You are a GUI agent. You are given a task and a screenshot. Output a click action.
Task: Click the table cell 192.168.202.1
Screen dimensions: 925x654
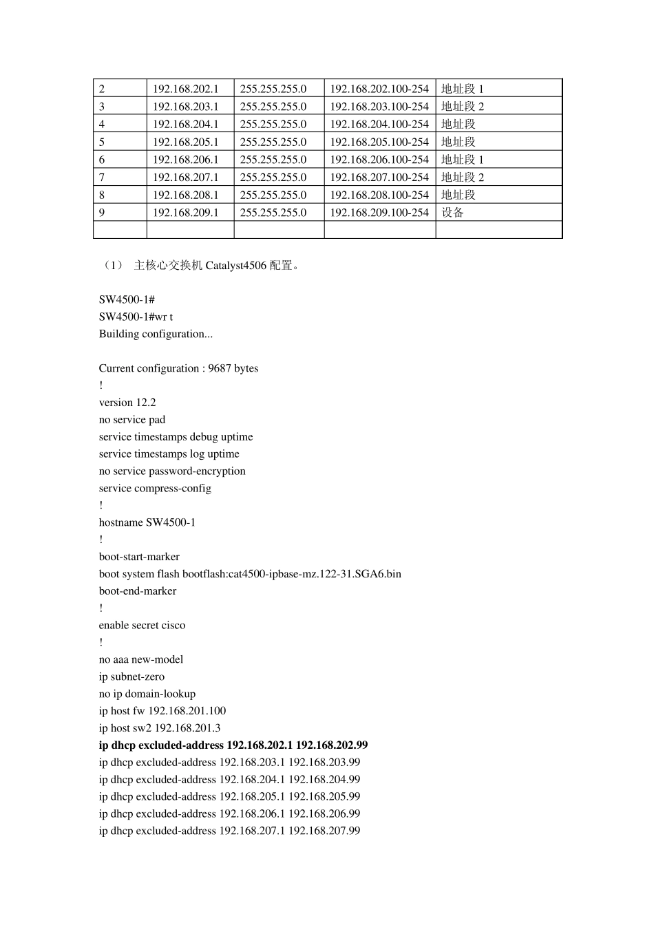click(185, 89)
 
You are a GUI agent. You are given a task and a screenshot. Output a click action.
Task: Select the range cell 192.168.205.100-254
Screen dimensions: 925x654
click(379, 142)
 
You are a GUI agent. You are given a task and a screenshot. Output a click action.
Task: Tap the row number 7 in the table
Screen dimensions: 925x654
click(102, 178)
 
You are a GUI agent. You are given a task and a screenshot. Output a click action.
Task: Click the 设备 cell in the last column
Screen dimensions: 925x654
click(453, 213)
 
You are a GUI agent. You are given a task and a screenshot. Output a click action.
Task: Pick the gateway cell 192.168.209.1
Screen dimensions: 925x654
click(185, 213)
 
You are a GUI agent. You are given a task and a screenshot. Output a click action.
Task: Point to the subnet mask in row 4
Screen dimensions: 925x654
click(273, 125)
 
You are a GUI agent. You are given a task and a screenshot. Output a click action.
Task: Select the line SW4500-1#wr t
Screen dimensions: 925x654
click(136, 317)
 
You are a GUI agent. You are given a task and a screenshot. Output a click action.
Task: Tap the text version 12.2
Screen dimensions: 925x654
click(127, 403)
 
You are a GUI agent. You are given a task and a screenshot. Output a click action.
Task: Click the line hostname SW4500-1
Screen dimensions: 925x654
click(147, 522)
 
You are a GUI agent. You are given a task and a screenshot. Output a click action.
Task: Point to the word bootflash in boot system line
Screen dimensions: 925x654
click(205, 574)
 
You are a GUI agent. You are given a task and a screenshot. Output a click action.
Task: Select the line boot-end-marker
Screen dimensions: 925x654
click(138, 591)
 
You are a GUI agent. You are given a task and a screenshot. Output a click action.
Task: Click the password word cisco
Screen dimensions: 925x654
click(173, 626)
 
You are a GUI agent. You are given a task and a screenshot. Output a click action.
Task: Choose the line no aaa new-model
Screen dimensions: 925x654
click(141, 659)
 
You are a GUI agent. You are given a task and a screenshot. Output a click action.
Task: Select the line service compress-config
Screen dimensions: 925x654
click(155, 489)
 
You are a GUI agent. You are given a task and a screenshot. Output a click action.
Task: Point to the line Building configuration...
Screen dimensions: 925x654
click(156, 334)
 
